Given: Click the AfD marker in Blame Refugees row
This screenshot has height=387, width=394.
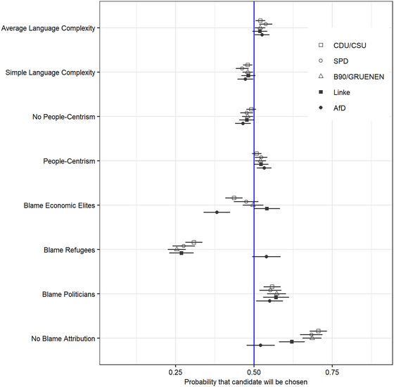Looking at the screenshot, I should coord(266,256).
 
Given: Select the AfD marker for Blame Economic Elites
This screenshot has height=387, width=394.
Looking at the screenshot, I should coord(217,212).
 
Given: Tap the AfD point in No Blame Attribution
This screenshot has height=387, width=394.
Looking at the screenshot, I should coord(260,345).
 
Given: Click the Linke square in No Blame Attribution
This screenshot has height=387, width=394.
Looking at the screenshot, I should coord(292,341).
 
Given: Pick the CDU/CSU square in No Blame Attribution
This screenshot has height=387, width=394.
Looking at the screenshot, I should coord(318,331).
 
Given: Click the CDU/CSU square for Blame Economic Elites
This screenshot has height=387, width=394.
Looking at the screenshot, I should coord(234,198).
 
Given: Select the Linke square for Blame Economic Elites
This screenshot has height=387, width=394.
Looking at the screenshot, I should coord(266,208).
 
